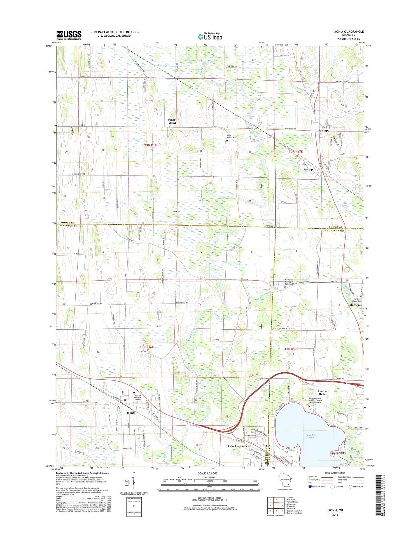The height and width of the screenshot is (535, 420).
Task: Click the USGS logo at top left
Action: point(69,35)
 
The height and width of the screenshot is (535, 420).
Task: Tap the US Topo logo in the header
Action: point(210,36)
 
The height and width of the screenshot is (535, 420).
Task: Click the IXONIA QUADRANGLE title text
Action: point(348,32)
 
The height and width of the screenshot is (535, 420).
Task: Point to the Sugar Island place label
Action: point(171,121)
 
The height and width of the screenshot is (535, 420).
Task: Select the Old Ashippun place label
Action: point(325,129)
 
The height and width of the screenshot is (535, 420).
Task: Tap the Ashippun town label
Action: point(310,169)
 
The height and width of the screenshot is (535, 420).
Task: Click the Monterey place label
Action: point(356,305)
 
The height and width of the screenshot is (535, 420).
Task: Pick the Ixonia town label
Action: point(131,413)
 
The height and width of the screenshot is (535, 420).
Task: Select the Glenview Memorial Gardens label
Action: point(137,397)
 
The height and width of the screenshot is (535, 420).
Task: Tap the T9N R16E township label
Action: point(151,145)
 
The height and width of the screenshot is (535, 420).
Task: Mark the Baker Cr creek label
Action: point(162,65)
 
